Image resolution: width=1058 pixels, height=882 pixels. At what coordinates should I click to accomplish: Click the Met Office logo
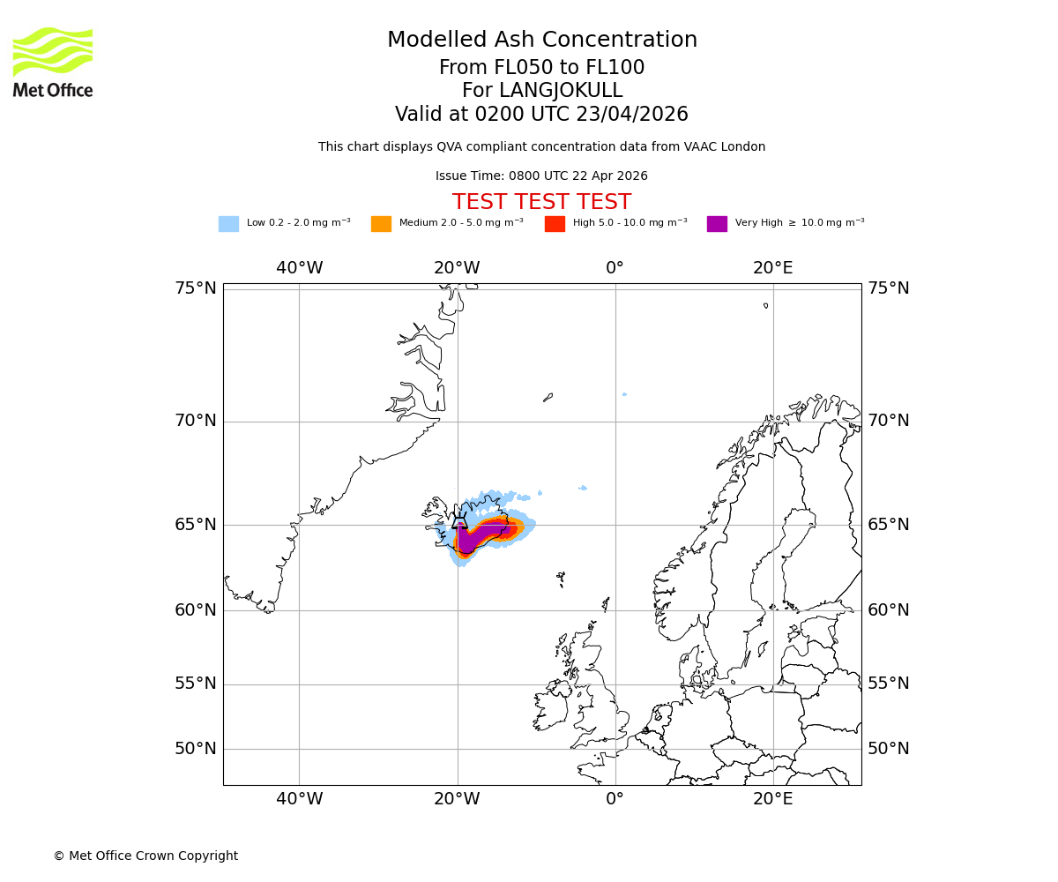click(x=53, y=62)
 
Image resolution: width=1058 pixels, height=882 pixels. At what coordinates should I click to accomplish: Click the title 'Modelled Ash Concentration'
click(x=542, y=41)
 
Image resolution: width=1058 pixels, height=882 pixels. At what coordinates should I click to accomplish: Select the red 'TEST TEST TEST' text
click(x=541, y=203)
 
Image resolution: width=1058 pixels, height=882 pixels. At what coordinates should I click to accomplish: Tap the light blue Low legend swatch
click(x=228, y=224)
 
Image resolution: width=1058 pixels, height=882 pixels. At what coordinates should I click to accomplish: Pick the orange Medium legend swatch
click(x=381, y=224)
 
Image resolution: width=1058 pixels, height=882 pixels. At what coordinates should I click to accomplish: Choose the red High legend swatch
click(x=555, y=224)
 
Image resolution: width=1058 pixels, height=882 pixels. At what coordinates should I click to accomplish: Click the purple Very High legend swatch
click(x=717, y=224)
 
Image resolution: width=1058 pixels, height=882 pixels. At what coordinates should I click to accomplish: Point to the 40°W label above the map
click(x=299, y=268)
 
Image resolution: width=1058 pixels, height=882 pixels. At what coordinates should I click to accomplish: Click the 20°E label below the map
click(x=773, y=799)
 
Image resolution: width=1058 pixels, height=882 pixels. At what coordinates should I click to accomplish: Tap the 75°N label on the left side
click(x=195, y=288)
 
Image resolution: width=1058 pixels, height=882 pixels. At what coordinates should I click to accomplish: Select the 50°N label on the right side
click(x=889, y=749)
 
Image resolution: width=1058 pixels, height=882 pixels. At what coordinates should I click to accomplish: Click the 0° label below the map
click(x=615, y=799)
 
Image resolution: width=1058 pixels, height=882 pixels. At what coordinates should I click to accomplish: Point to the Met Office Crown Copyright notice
click(x=145, y=856)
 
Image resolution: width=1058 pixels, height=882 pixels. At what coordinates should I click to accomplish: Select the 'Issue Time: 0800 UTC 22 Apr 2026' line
click(x=541, y=176)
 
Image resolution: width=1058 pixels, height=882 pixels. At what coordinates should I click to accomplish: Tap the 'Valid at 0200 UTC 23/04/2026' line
click(x=541, y=115)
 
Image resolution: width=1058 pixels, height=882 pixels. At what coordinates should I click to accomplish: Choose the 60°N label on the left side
click(x=195, y=610)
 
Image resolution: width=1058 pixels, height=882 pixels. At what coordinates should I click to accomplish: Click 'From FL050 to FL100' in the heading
click(x=541, y=68)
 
